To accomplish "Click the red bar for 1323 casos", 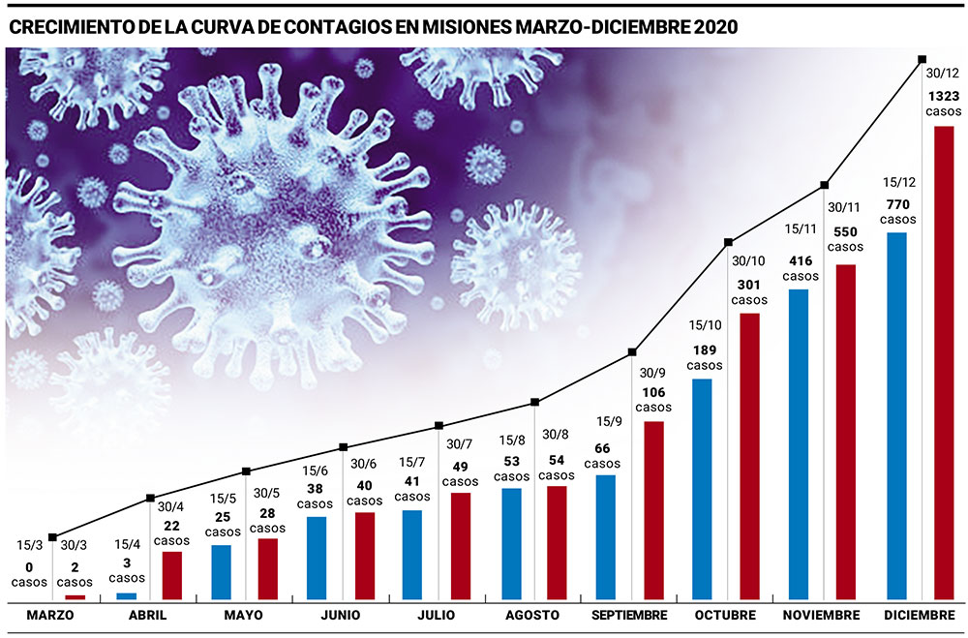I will point(944,363).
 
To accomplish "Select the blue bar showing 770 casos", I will point(896,416).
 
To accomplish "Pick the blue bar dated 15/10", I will point(703,489).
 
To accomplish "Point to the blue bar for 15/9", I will point(606,537).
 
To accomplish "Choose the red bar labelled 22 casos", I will point(171,576).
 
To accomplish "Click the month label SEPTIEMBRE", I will point(630,616).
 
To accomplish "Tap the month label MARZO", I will point(50,616).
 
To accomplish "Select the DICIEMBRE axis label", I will point(920,616).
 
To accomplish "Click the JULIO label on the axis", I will point(436,616).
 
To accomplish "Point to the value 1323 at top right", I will point(944,96).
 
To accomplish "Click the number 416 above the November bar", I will point(801,260).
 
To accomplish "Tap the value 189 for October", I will point(704,349).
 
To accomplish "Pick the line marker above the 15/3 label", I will point(52,537).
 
